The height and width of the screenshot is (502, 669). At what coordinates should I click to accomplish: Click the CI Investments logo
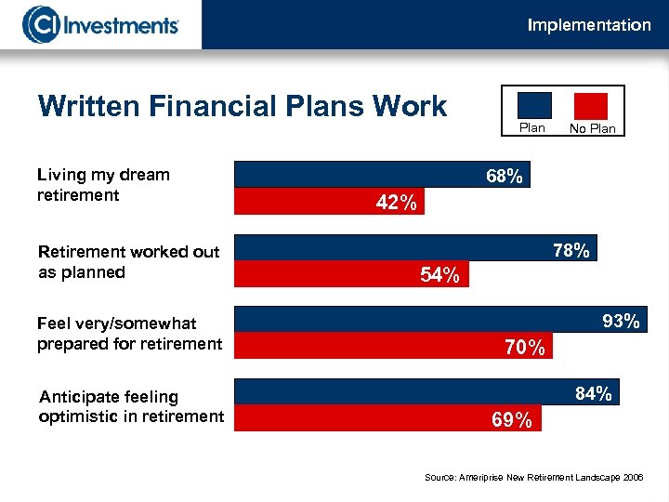coord(101,24)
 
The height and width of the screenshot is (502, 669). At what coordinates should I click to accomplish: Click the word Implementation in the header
coord(589,25)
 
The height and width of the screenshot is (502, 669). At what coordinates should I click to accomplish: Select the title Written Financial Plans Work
coord(243,107)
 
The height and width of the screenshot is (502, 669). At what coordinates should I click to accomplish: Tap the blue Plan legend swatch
coord(532,105)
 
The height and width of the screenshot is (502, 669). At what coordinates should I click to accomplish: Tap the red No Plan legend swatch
coord(591,105)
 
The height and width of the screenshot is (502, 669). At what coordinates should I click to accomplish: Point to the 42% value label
coord(396,203)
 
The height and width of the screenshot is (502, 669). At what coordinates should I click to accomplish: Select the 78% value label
coord(571,250)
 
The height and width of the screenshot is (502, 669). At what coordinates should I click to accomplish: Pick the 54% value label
coord(439,275)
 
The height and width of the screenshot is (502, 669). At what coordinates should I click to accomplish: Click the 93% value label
coord(621,322)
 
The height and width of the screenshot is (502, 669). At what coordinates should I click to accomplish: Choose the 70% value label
coord(525,348)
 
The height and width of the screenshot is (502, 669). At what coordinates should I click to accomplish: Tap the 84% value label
coord(594,394)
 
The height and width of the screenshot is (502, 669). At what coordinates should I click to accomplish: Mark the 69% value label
coord(512,420)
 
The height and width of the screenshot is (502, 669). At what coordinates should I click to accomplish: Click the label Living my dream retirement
coord(103,184)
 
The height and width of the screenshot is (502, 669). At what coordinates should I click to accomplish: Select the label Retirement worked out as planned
coord(128,261)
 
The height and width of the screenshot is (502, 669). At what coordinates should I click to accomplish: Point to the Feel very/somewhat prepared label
coord(129,334)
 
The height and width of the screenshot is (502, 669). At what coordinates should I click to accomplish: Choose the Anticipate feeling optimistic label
coord(131,406)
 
